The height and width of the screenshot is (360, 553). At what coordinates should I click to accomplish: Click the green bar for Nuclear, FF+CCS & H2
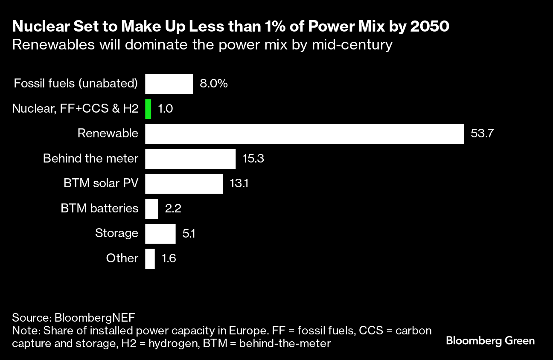point(148,109)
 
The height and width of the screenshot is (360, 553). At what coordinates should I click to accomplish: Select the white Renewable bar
point(304,134)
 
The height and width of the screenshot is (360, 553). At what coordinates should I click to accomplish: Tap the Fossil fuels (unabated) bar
point(169,84)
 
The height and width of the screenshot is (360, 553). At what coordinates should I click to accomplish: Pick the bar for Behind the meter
point(190,159)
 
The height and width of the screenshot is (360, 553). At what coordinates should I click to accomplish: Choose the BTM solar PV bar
point(184,184)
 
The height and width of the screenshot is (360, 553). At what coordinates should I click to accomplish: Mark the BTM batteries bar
point(151,209)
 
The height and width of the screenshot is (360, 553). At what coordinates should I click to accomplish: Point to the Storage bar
point(160,234)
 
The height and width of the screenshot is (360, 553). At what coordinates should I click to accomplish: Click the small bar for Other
point(150,259)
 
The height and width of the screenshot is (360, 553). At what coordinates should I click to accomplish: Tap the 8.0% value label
point(214,84)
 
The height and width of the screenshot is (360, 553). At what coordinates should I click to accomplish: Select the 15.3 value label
point(253,159)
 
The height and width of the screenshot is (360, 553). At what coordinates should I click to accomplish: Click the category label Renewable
point(108,134)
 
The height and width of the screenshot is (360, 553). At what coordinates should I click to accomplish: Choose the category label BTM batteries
point(99,209)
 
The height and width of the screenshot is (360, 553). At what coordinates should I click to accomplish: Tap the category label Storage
point(116,234)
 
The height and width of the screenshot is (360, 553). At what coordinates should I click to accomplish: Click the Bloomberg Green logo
point(490,341)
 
